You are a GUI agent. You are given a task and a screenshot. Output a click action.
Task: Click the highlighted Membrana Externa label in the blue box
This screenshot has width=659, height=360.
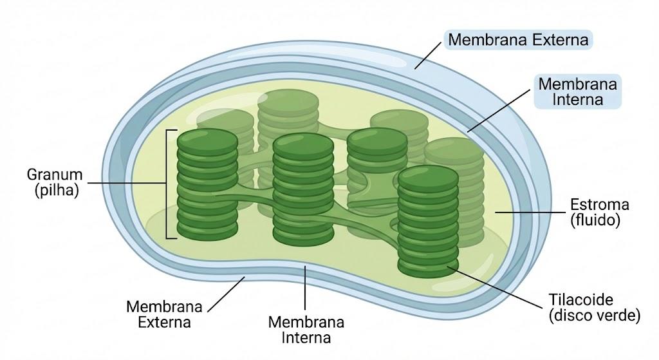point(518,39)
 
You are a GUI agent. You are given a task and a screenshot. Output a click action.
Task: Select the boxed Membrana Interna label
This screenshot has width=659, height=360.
point(577,91)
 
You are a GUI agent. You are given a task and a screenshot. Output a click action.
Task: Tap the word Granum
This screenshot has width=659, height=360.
point(55,174)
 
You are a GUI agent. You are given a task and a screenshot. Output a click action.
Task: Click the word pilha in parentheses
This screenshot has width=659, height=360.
point(57,190)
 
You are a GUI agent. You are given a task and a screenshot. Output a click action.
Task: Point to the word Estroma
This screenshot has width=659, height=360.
point(599,204)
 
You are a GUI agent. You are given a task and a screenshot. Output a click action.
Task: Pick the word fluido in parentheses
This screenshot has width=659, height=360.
point(595,220)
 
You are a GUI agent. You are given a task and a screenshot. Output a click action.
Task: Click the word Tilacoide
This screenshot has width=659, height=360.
point(580,299)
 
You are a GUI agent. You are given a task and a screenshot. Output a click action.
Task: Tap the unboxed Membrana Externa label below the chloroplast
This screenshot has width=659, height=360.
point(164,314)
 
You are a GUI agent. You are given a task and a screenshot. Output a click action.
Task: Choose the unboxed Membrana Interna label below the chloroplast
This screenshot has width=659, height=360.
point(306,330)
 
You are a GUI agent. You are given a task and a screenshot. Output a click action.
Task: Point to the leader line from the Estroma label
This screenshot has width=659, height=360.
point(530,213)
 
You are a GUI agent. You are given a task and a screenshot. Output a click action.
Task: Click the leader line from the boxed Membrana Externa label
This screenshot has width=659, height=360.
point(428,55)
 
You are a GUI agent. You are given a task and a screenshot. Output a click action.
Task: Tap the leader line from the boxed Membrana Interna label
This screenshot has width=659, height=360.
point(499,111)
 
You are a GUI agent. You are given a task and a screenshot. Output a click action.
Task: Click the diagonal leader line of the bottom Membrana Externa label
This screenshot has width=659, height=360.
point(226,294)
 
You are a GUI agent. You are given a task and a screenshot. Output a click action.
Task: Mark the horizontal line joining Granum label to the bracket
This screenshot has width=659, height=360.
point(127,183)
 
